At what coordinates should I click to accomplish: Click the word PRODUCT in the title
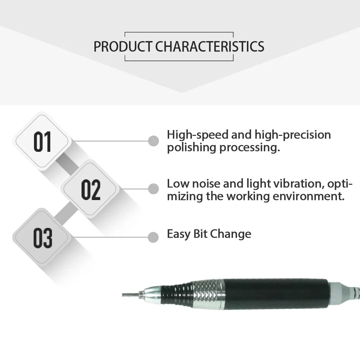(x=123, y=47)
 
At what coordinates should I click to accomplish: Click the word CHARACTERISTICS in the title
(x=210, y=47)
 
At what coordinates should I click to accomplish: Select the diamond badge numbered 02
(x=90, y=189)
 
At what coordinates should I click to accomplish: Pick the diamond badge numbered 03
(x=42, y=237)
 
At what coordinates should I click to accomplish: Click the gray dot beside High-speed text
(x=154, y=141)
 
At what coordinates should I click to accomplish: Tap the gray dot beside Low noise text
(x=154, y=189)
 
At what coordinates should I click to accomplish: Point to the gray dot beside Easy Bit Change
(x=154, y=237)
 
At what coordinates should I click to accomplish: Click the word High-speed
(x=197, y=135)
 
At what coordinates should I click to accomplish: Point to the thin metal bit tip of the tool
(x=131, y=294)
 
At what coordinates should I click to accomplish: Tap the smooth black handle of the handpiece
(x=275, y=294)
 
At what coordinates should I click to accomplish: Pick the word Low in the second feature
(x=178, y=184)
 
